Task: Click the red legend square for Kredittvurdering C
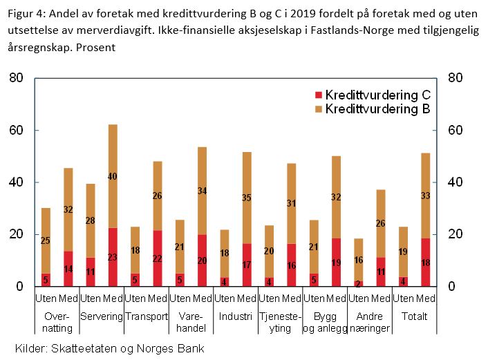319,95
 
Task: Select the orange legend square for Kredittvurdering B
319,109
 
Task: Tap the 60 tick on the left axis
16,131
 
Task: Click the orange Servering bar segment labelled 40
113,176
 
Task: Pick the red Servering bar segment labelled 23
113,257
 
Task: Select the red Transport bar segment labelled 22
157,258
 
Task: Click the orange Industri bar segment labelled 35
247,198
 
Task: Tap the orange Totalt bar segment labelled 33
426,196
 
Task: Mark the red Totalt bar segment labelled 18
426,263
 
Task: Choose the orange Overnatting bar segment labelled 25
46,240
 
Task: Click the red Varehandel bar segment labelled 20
202,260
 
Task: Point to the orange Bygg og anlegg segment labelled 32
337,197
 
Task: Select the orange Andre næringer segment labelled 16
359,260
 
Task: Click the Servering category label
101,316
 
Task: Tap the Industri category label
235,316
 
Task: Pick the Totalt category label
415,316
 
